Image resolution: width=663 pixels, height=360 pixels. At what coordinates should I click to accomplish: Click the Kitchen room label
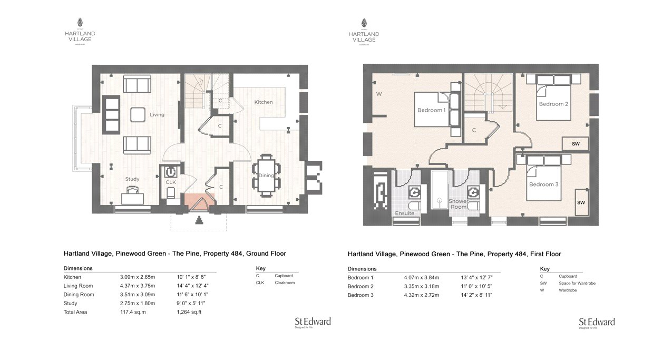(264, 102)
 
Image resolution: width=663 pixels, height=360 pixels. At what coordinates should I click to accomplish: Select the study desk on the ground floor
(132, 198)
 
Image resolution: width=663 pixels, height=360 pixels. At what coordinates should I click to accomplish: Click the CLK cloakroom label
(170, 182)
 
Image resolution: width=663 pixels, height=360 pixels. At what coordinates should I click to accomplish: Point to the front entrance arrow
(199, 221)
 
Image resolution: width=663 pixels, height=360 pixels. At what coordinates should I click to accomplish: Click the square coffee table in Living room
(138, 114)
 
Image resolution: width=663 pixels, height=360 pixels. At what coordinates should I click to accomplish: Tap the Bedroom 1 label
(432, 110)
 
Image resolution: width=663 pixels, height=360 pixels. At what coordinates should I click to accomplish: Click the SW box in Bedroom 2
(576, 144)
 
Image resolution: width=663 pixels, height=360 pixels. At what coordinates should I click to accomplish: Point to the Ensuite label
(404, 213)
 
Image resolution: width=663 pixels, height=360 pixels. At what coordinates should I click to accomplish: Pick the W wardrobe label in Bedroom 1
(378, 94)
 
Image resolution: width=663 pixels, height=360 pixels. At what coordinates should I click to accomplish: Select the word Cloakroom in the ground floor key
(285, 283)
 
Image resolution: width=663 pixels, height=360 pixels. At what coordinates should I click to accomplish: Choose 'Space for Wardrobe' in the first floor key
(577, 283)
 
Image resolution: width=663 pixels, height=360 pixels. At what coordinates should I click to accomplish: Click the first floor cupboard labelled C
(474, 130)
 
